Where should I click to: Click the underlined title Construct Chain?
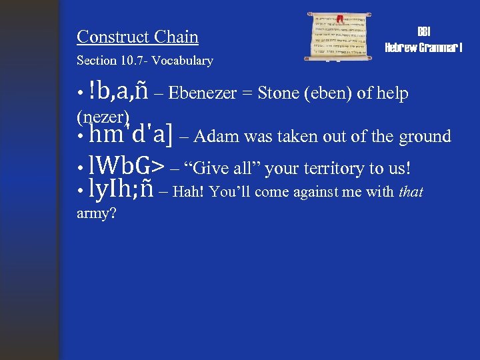(137, 36)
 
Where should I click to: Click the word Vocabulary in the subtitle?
(182, 61)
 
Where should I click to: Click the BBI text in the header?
(424, 33)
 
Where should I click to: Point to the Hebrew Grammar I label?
(424, 48)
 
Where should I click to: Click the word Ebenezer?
(203, 93)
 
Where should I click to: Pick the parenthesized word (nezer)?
(103, 117)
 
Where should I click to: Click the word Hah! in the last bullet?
(188, 193)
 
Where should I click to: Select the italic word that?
(411, 193)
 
